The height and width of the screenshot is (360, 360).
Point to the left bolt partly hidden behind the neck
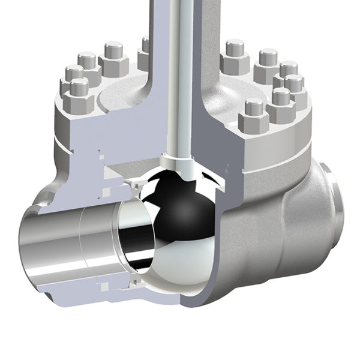click(145, 54)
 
